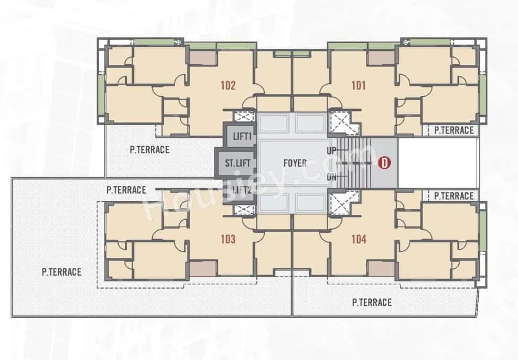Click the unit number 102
point(228,85)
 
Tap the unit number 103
point(228,239)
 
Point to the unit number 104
point(359,239)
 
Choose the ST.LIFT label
point(237,163)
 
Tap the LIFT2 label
point(242,190)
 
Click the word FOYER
point(295,163)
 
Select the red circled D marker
point(385,163)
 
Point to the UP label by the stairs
point(332,151)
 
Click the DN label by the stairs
point(332,177)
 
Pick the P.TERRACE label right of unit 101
point(453,130)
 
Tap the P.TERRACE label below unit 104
point(372,302)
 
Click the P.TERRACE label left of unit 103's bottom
point(62,272)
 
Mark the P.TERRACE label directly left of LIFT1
point(150,150)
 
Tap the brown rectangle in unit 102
point(203,58)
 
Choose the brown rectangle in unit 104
point(381,269)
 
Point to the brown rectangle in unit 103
point(203,269)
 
